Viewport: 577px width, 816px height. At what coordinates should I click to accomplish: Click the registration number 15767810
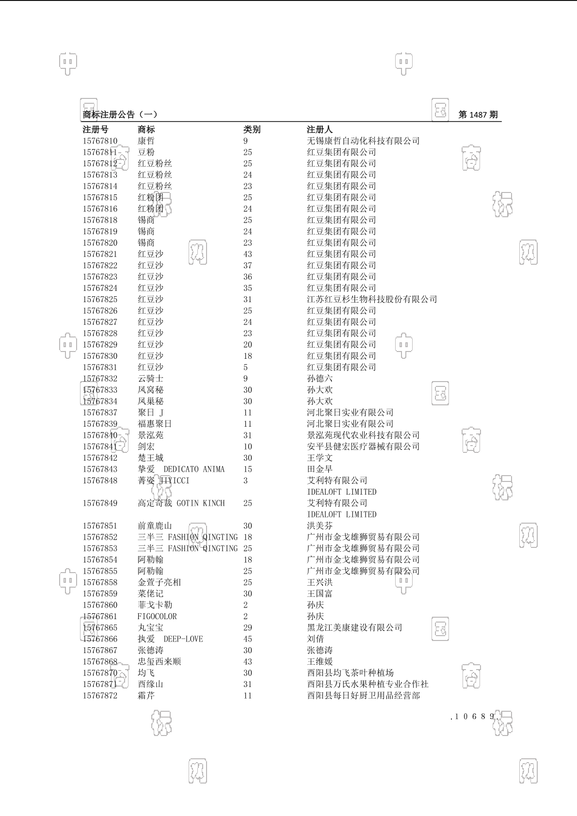pos(100,141)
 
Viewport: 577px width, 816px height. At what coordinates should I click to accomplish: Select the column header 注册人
pos(320,129)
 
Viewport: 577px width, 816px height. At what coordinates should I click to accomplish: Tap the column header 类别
pos(252,129)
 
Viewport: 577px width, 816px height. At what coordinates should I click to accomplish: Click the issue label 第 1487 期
pos(478,115)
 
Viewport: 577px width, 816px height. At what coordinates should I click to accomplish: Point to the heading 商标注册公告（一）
pos(120,115)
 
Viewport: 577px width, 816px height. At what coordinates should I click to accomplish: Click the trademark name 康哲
pos(146,141)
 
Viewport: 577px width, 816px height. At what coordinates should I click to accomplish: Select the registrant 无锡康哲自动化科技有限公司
pos(363,141)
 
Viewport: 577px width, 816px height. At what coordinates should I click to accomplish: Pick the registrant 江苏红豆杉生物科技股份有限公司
pos(372,300)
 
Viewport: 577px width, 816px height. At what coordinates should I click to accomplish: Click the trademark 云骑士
pos(150,379)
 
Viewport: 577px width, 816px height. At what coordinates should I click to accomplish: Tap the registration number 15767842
pos(100,458)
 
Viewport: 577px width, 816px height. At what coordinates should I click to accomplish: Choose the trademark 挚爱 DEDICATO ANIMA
pos(181,469)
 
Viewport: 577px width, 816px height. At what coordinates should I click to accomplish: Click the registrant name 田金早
pos(320,469)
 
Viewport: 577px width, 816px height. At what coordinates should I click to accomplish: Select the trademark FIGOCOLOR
pos(157,616)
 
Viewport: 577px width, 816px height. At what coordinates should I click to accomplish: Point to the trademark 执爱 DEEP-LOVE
pos(170,639)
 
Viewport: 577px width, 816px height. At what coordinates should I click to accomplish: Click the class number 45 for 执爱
pos(248,639)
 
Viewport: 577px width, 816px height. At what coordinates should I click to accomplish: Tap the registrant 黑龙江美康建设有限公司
pos(354,628)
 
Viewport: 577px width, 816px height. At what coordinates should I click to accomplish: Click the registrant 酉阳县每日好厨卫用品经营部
pos(363,696)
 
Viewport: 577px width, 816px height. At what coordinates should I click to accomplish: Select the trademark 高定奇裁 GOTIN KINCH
pos(181,503)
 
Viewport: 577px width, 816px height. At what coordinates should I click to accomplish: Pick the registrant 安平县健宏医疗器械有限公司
pos(363,447)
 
